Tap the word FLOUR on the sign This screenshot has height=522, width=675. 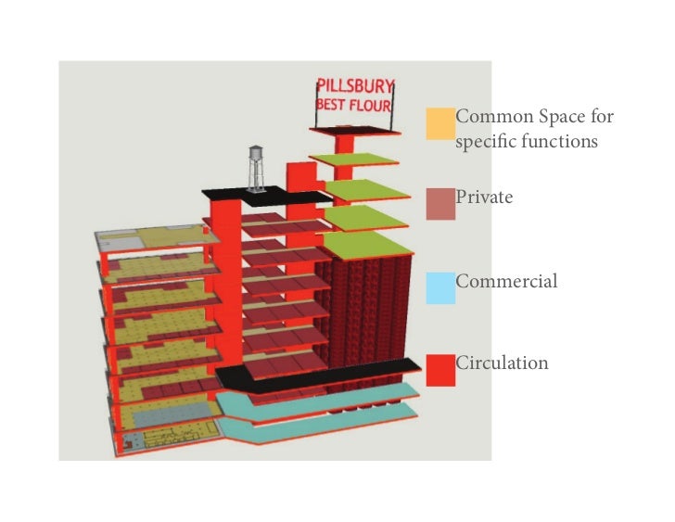pos(370,105)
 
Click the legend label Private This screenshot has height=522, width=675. pos(484,197)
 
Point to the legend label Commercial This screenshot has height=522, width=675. pos(506,281)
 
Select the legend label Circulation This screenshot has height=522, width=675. pos(502,363)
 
